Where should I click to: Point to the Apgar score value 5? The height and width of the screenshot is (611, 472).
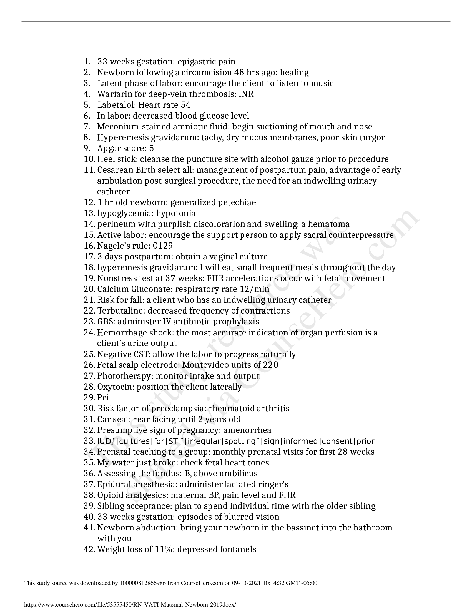tap(152, 148)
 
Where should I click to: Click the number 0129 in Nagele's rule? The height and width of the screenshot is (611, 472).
tap(163, 246)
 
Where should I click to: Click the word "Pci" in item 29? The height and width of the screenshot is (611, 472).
tap(103, 397)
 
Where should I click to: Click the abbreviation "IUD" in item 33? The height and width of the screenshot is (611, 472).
tap(104, 441)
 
